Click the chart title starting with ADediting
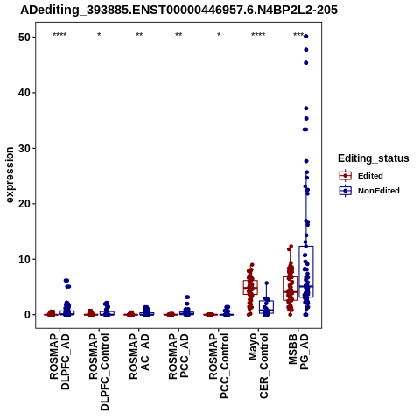[x=178, y=10]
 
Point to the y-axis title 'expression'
[x=10, y=175]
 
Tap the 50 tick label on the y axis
[x=24, y=38]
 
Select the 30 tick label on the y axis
[x=24, y=148]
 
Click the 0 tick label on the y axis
[x=27, y=315]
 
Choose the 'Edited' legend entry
[x=370, y=176]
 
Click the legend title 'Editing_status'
[x=374, y=158]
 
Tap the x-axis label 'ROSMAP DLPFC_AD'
[x=59, y=362]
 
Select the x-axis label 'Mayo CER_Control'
[x=258, y=366]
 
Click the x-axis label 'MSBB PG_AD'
[x=298, y=352]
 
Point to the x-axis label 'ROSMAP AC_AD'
[x=139, y=357]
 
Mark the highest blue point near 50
[x=306, y=37]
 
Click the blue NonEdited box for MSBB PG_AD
[x=306, y=272]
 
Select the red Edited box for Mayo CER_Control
[x=250, y=287]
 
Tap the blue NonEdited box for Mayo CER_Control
[x=266, y=307]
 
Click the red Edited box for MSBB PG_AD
[x=290, y=289]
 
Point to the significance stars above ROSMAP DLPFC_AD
[x=59, y=35]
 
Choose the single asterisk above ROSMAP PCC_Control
[x=219, y=35]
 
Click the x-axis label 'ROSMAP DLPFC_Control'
[x=99, y=372]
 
